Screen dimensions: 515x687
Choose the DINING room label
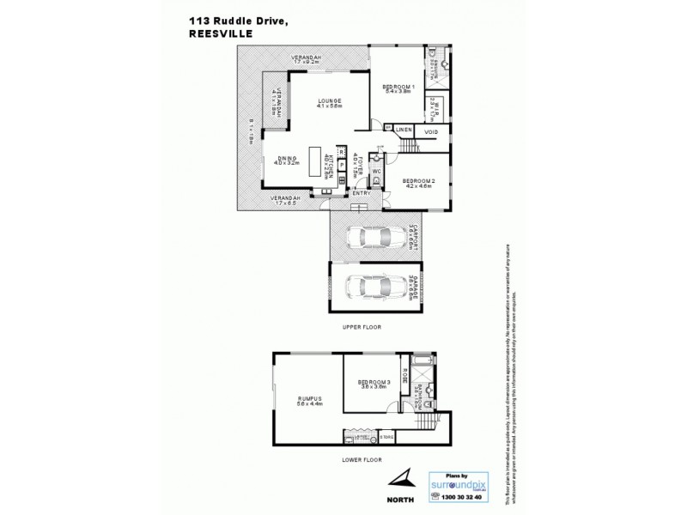pyautogui.click(x=288, y=159)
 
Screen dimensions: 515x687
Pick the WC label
pyautogui.click(x=377, y=170)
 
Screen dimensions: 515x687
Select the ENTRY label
pyautogui.click(x=362, y=193)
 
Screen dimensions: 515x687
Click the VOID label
pyautogui.click(x=431, y=131)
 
